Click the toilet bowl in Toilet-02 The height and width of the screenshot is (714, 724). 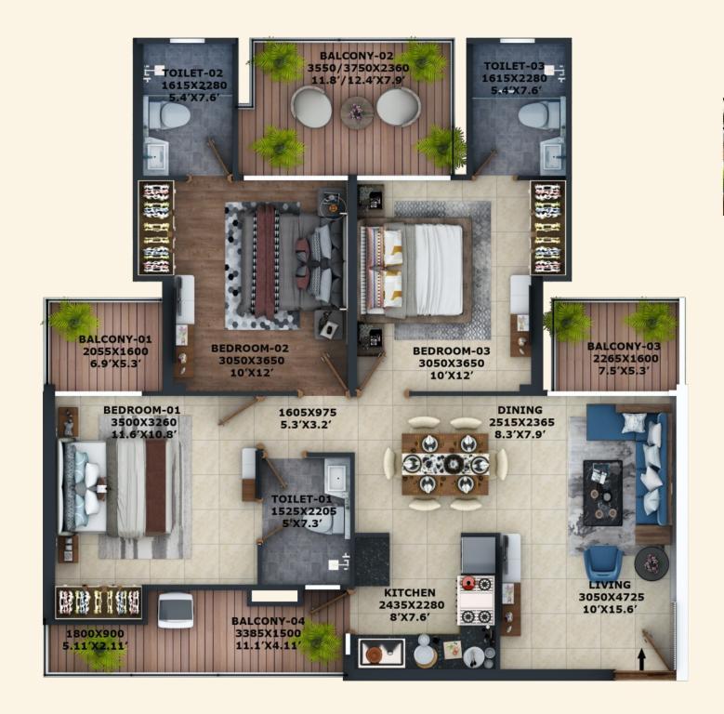click(x=168, y=115)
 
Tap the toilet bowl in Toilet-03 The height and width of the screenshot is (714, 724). click(x=540, y=114)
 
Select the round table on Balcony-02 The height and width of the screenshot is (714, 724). click(x=357, y=112)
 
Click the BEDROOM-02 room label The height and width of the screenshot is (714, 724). click(x=250, y=349)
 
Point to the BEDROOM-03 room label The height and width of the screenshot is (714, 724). click(x=451, y=351)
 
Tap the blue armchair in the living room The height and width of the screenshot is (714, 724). click(x=602, y=563)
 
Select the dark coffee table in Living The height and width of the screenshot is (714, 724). click(x=602, y=493)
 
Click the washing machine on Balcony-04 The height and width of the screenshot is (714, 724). click(x=176, y=611)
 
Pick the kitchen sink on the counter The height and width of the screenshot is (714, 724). click(x=381, y=653)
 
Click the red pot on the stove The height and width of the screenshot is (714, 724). click(x=468, y=583)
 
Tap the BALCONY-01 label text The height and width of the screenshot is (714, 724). click(x=115, y=339)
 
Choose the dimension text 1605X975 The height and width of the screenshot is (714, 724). click(x=308, y=412)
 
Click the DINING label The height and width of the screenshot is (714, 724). click(x=520, y=410)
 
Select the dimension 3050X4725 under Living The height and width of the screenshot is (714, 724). click(x=612, y=597)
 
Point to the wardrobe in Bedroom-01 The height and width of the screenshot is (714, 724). click(x=98, y=602)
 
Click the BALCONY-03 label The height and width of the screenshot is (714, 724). click(x=624, y=346)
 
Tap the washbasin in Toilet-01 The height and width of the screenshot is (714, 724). click(x=336, y=476)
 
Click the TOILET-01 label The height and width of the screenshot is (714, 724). click(x=301, y=499)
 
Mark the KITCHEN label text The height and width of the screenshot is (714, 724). click(x=410, y=592)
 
